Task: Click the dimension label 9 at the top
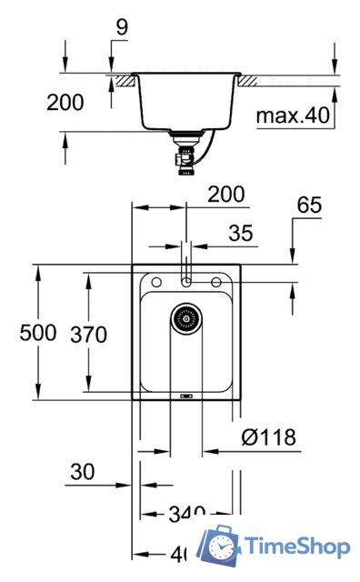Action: tap(122, 30)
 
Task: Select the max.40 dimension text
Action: tap(288, 115)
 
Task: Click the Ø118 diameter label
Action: tap(269, 437)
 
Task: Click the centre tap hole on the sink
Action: tap(185, 283)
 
